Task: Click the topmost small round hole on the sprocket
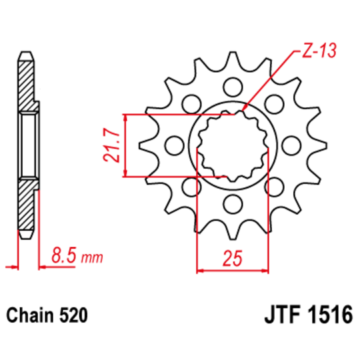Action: (233, 87)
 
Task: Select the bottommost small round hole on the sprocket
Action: (233, 203)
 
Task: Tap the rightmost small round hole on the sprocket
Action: (291, 145)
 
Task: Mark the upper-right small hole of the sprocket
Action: (274, 103)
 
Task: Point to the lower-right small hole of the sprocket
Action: (274, 187)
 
